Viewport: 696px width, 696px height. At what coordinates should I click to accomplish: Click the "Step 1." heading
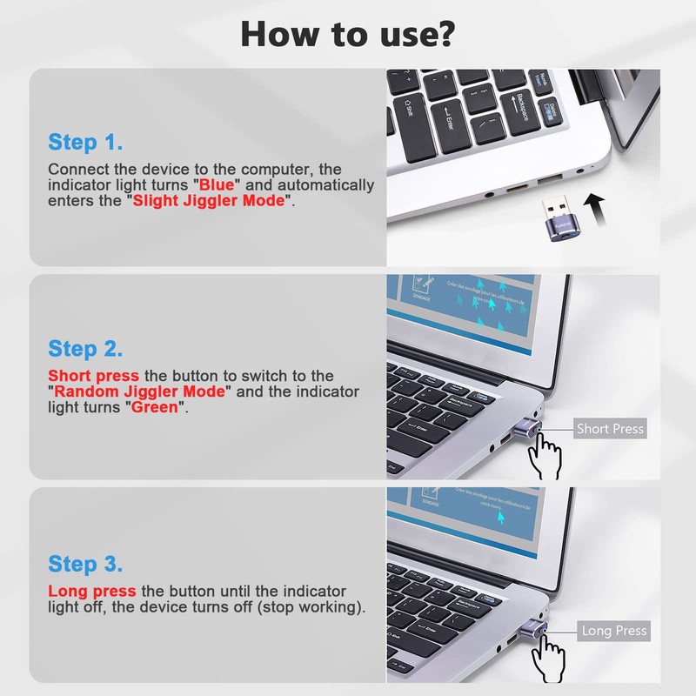(x=85, y=142)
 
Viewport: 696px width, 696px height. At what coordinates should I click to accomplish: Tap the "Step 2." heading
(x=85, y=349)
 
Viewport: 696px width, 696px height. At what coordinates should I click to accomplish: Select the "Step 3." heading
(x=85, y=563)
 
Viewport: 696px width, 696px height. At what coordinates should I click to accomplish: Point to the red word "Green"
(x=153, y=407)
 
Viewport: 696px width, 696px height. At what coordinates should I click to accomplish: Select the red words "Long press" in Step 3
(x=91, y=591)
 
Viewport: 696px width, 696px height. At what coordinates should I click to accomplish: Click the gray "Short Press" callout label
(x=610, y=429)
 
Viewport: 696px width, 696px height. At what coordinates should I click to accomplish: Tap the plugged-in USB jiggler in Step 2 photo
(x=527, y=427)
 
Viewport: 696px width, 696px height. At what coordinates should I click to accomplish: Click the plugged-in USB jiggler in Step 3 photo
(x=530, y=627)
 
